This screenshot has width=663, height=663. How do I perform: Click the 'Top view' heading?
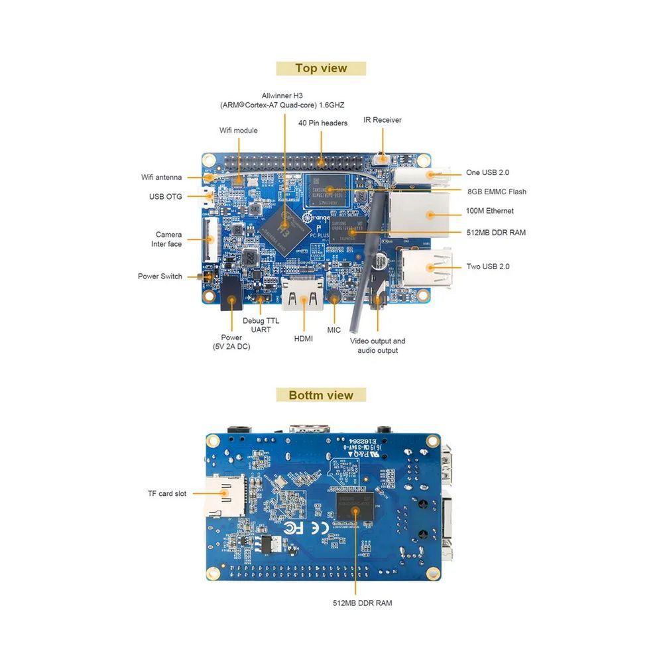tap(321, 68)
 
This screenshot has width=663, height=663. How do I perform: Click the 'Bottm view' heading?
tap(321, 395)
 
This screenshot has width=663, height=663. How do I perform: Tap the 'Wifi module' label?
tap(239, 131)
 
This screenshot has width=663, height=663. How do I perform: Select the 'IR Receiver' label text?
tap(383, 120)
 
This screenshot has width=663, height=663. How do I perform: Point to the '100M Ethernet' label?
tap(490, 211)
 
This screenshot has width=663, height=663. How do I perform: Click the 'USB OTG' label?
tap(165, 196)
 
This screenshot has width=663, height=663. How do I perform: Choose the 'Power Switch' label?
tap(160, 276)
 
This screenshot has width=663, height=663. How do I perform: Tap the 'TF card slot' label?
tap(167, 493)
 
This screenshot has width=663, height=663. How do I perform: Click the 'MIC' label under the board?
tap(333, 329)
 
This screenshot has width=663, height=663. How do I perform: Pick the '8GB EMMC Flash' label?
tap(497, 192)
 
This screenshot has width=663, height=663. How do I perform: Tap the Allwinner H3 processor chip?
tap(284, 230)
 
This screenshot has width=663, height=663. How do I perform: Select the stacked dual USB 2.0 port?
tap(426, 267)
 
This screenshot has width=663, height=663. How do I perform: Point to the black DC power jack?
tap(231, 295)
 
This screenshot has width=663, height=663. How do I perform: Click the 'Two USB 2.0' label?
tap(488, 267)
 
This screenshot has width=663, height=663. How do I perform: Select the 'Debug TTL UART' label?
tap(261, 325)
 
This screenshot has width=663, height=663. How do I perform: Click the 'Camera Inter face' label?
tap(168, 239)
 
